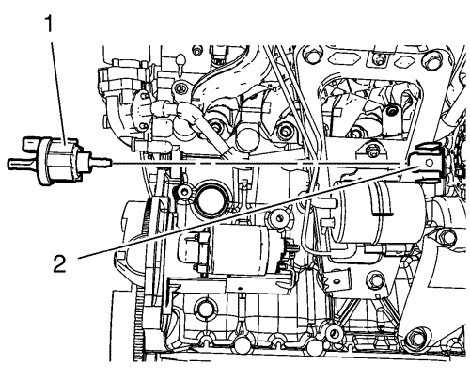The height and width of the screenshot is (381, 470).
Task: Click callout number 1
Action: coord(49,24)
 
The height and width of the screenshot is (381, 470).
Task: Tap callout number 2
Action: coord(59,263)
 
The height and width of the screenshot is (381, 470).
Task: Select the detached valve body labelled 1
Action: coord(59,160)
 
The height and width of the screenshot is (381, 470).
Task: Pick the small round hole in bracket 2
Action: coord(430,163)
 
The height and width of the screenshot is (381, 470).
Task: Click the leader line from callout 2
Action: coord(248,212)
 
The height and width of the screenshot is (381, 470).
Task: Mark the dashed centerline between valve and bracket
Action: coord(258,163)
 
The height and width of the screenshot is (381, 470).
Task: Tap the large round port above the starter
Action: coord(209,198)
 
